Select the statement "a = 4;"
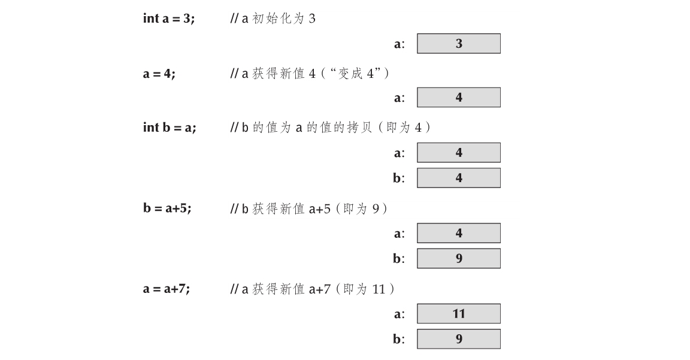(159, 73)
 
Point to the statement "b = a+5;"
(167, 208)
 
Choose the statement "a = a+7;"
(167, 289)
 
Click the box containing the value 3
(459, 44)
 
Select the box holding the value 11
(459, 314)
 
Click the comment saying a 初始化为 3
(273, 19)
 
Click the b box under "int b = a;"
(459, 178)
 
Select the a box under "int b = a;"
(459, 153)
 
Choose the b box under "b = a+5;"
(459, 259)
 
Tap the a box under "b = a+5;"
(459, 234)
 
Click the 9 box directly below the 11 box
(459, 339)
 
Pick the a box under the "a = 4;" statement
(459, 98)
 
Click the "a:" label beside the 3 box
(399, 44)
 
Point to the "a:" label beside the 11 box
(399, 314)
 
